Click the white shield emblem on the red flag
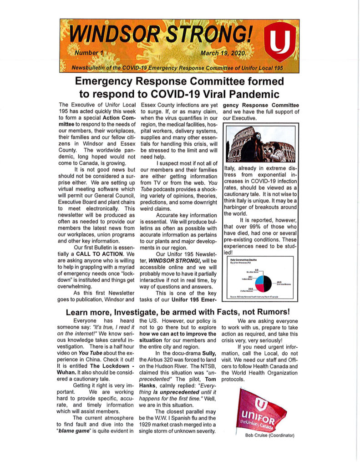260,401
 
